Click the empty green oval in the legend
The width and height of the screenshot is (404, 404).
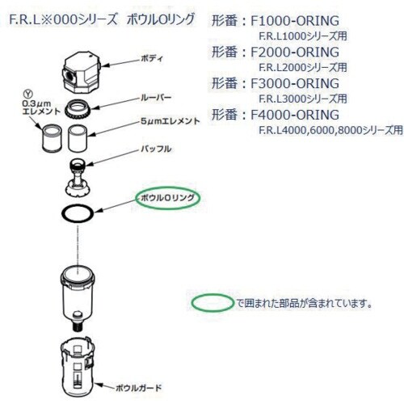coord(211,304)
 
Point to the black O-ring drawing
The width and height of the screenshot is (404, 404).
coord(78,213)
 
